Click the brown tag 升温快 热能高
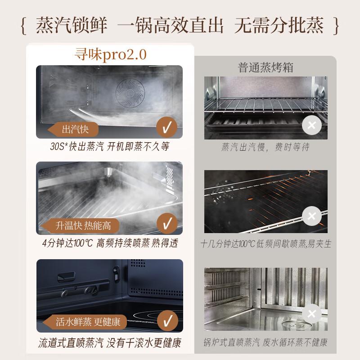tap(76, 225)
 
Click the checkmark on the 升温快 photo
tap(167, 224)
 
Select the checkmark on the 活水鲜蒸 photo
tap(167, 321)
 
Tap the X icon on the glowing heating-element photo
tap(311, 217)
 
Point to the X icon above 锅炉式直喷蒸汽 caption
tap(311, 314)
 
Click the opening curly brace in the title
tap(24, 27)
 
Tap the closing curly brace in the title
tap(336, 27)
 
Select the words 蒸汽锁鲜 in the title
tap(72, 26)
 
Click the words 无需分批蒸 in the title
tap(279, 26)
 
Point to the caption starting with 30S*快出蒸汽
tap(109, 147)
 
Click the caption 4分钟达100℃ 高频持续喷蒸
tap(109, 243)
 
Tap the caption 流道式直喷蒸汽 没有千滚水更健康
tap(109, 343)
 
